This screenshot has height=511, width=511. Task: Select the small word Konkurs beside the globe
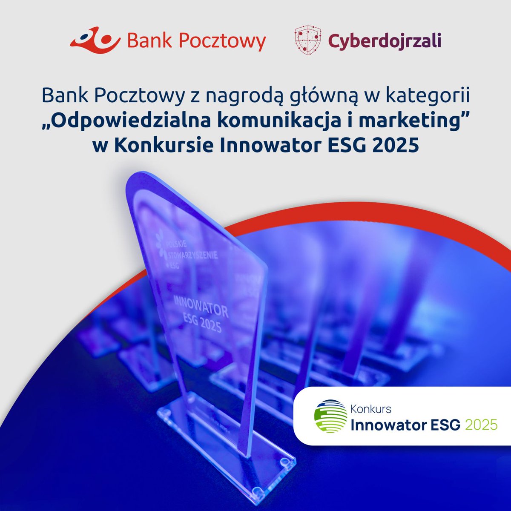[370, 409]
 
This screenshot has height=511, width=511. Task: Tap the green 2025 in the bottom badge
[482, 425]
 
